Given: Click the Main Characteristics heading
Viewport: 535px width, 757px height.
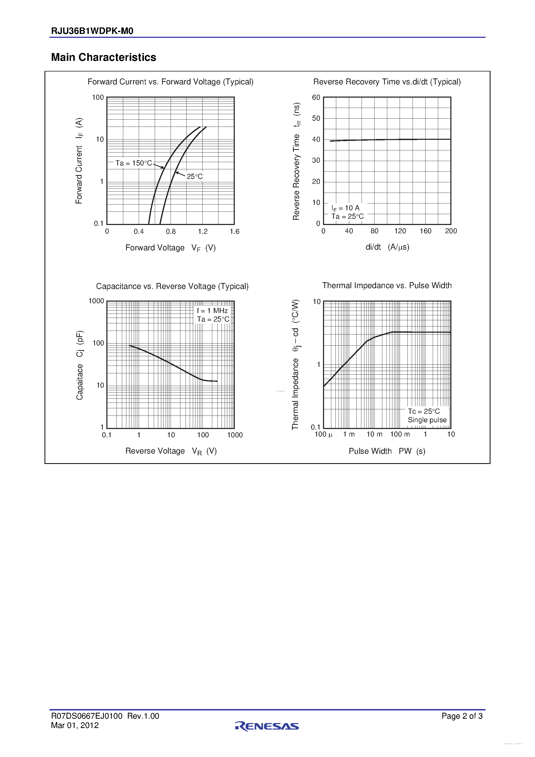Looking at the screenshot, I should [104, 57].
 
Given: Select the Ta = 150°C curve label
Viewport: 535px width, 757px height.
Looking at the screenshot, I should [134, 163].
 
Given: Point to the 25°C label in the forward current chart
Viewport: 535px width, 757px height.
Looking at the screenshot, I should [194, 177].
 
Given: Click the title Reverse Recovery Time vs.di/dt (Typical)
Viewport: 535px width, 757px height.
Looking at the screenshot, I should [387, 82].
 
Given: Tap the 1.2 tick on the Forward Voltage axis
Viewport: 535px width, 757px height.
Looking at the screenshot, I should [203, 231].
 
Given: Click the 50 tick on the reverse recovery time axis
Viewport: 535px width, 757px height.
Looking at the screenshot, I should [316, 118].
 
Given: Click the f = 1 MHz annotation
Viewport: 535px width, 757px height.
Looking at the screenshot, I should [212, 311].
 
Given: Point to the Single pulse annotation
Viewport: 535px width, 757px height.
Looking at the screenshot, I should [427, 420].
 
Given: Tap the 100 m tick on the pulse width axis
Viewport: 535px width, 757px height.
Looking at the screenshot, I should [400, 434].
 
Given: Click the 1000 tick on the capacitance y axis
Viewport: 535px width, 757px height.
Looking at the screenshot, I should [96, 301].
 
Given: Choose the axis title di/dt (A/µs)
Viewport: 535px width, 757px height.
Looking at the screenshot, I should [387, 247].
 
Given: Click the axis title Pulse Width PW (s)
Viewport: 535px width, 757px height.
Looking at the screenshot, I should [387, 451].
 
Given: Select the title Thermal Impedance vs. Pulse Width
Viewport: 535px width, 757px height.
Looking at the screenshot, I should [387, 286].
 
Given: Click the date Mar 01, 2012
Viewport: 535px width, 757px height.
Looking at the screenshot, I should [75, 725].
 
